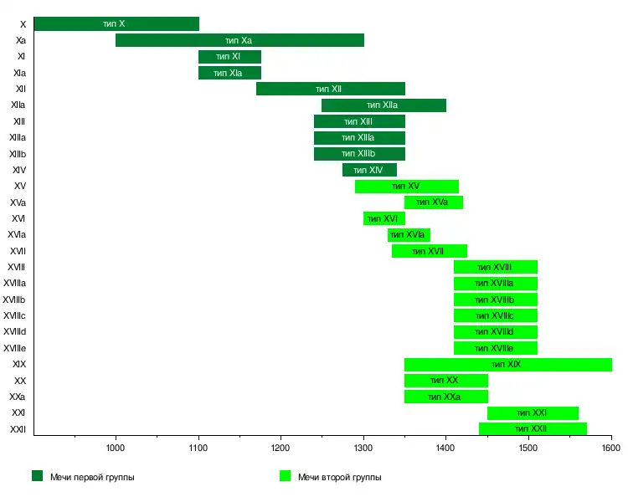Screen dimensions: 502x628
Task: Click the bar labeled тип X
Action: coord(116,24)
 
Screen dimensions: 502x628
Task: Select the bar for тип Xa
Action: coord(239,40)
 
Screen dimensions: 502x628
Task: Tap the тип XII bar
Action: coord(331,89)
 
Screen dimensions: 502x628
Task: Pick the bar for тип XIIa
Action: coord(383,105)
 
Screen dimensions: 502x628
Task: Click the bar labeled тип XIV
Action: coord(369,170)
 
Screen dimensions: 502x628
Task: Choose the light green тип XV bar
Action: coord(406,187)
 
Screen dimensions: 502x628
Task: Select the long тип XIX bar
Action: coord(507,365)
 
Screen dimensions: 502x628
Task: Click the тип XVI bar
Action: coord(383,218)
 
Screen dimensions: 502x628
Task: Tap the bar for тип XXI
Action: coord(533,413)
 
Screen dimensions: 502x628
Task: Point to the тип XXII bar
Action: coord(533,429)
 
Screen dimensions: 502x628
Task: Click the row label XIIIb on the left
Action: coord(18,154)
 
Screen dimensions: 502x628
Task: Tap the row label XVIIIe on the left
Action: coord(15,348)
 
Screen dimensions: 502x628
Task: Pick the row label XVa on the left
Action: coord(18,202)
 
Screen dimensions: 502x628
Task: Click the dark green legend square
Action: coord(38,476)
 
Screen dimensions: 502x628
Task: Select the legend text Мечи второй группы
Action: coord(339,477)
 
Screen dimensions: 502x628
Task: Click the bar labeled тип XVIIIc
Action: coord(495,316)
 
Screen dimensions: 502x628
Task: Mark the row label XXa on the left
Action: coord(18,397)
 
